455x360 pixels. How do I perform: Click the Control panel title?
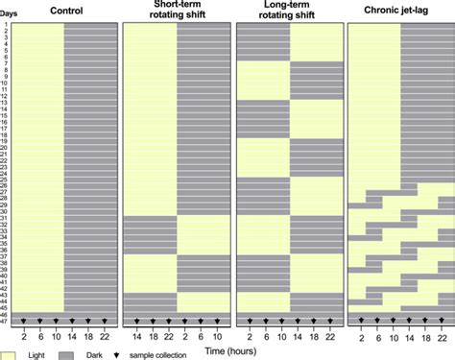(x=64, y=11)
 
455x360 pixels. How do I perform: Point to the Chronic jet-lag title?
(x=399, y=11)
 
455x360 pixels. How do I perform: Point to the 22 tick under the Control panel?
(x=105, y=335)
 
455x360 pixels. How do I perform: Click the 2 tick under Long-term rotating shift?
(x=248, y=335)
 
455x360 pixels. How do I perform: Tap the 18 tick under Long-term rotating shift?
(x=312, y=335)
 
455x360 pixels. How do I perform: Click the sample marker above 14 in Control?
(x=72, y=321)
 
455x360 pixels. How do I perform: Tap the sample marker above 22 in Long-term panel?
(x=328, y=321)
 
